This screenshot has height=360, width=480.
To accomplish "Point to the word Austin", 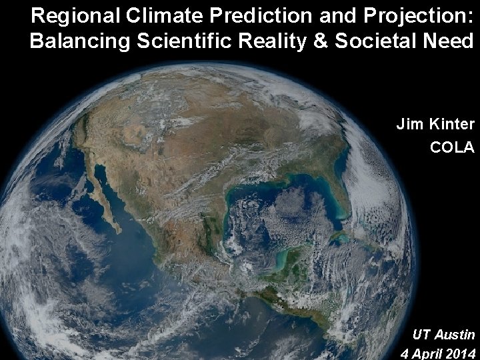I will tap(455, 333).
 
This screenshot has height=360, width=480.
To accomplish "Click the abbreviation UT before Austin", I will tap(421, 333).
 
